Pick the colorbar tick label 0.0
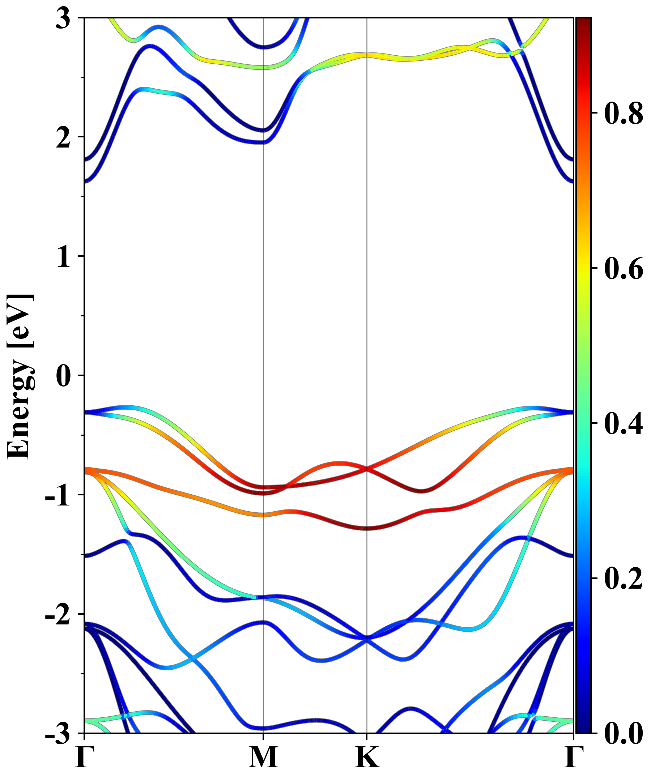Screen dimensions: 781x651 click(624, 733)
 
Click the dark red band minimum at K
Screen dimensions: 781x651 click(367, 528)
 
